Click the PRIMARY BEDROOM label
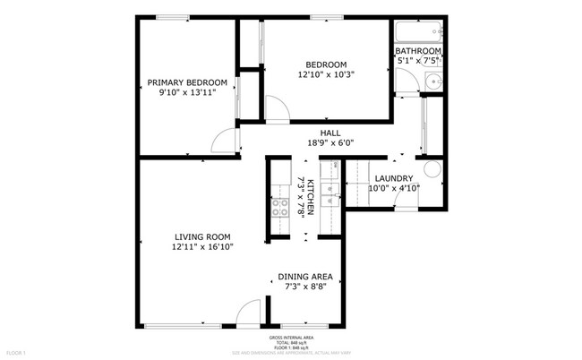point(187,82)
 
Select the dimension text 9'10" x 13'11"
point(187,94)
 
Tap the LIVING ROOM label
point(202,237)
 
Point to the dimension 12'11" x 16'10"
point(202,247)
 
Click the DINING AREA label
point(305,277)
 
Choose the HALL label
point(318,133)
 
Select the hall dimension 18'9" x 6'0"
point(318,142)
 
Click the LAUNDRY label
point(393,178)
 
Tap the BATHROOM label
point(418,52)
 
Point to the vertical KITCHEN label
point(310,196)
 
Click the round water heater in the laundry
point(432,169)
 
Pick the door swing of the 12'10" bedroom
point(277,110)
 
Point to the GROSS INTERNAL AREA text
point(292,338)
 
